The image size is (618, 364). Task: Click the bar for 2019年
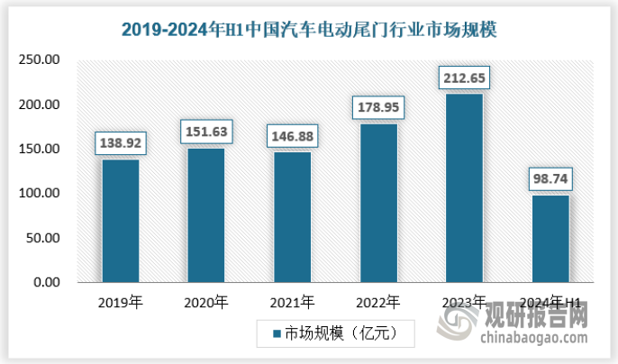pyautogui.click(x=120, y=221)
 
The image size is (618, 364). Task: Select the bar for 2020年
pyautogui.click(x=205, y=215)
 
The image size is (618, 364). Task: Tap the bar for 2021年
pyautogui.click(x=292, y=217)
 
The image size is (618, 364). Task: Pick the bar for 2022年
pyautogui.click(x=378, y=203)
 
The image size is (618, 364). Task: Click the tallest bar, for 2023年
pyautogui.click(x=464, y=188)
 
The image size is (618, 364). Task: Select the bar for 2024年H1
pyautogui.click(x=550, y=239)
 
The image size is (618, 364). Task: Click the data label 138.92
pyautogui.click(x=120, y=142)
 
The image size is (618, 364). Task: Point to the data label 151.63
pyautogui.click(x=206, y=132)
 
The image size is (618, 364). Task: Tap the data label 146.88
pyautogui.click(x=292, y=135)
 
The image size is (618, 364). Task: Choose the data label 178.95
pyautogui.click(x=378, y=107)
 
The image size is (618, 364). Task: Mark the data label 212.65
pyautogui.click(x=464, y=77)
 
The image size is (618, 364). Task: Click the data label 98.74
pyautogui.click(x=550, y=178)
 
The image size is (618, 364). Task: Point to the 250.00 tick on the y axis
pyautogui.click(x=39, y=60)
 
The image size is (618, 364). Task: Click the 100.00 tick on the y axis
pyautogui.click(x=39, y=194)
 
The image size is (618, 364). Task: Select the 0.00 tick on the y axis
pyautogui.click(x=45, y=283)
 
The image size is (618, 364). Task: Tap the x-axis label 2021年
pyautogui.click(x=292, y=302)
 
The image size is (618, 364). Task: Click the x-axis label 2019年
pyautogui.click(x=120, y=302)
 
